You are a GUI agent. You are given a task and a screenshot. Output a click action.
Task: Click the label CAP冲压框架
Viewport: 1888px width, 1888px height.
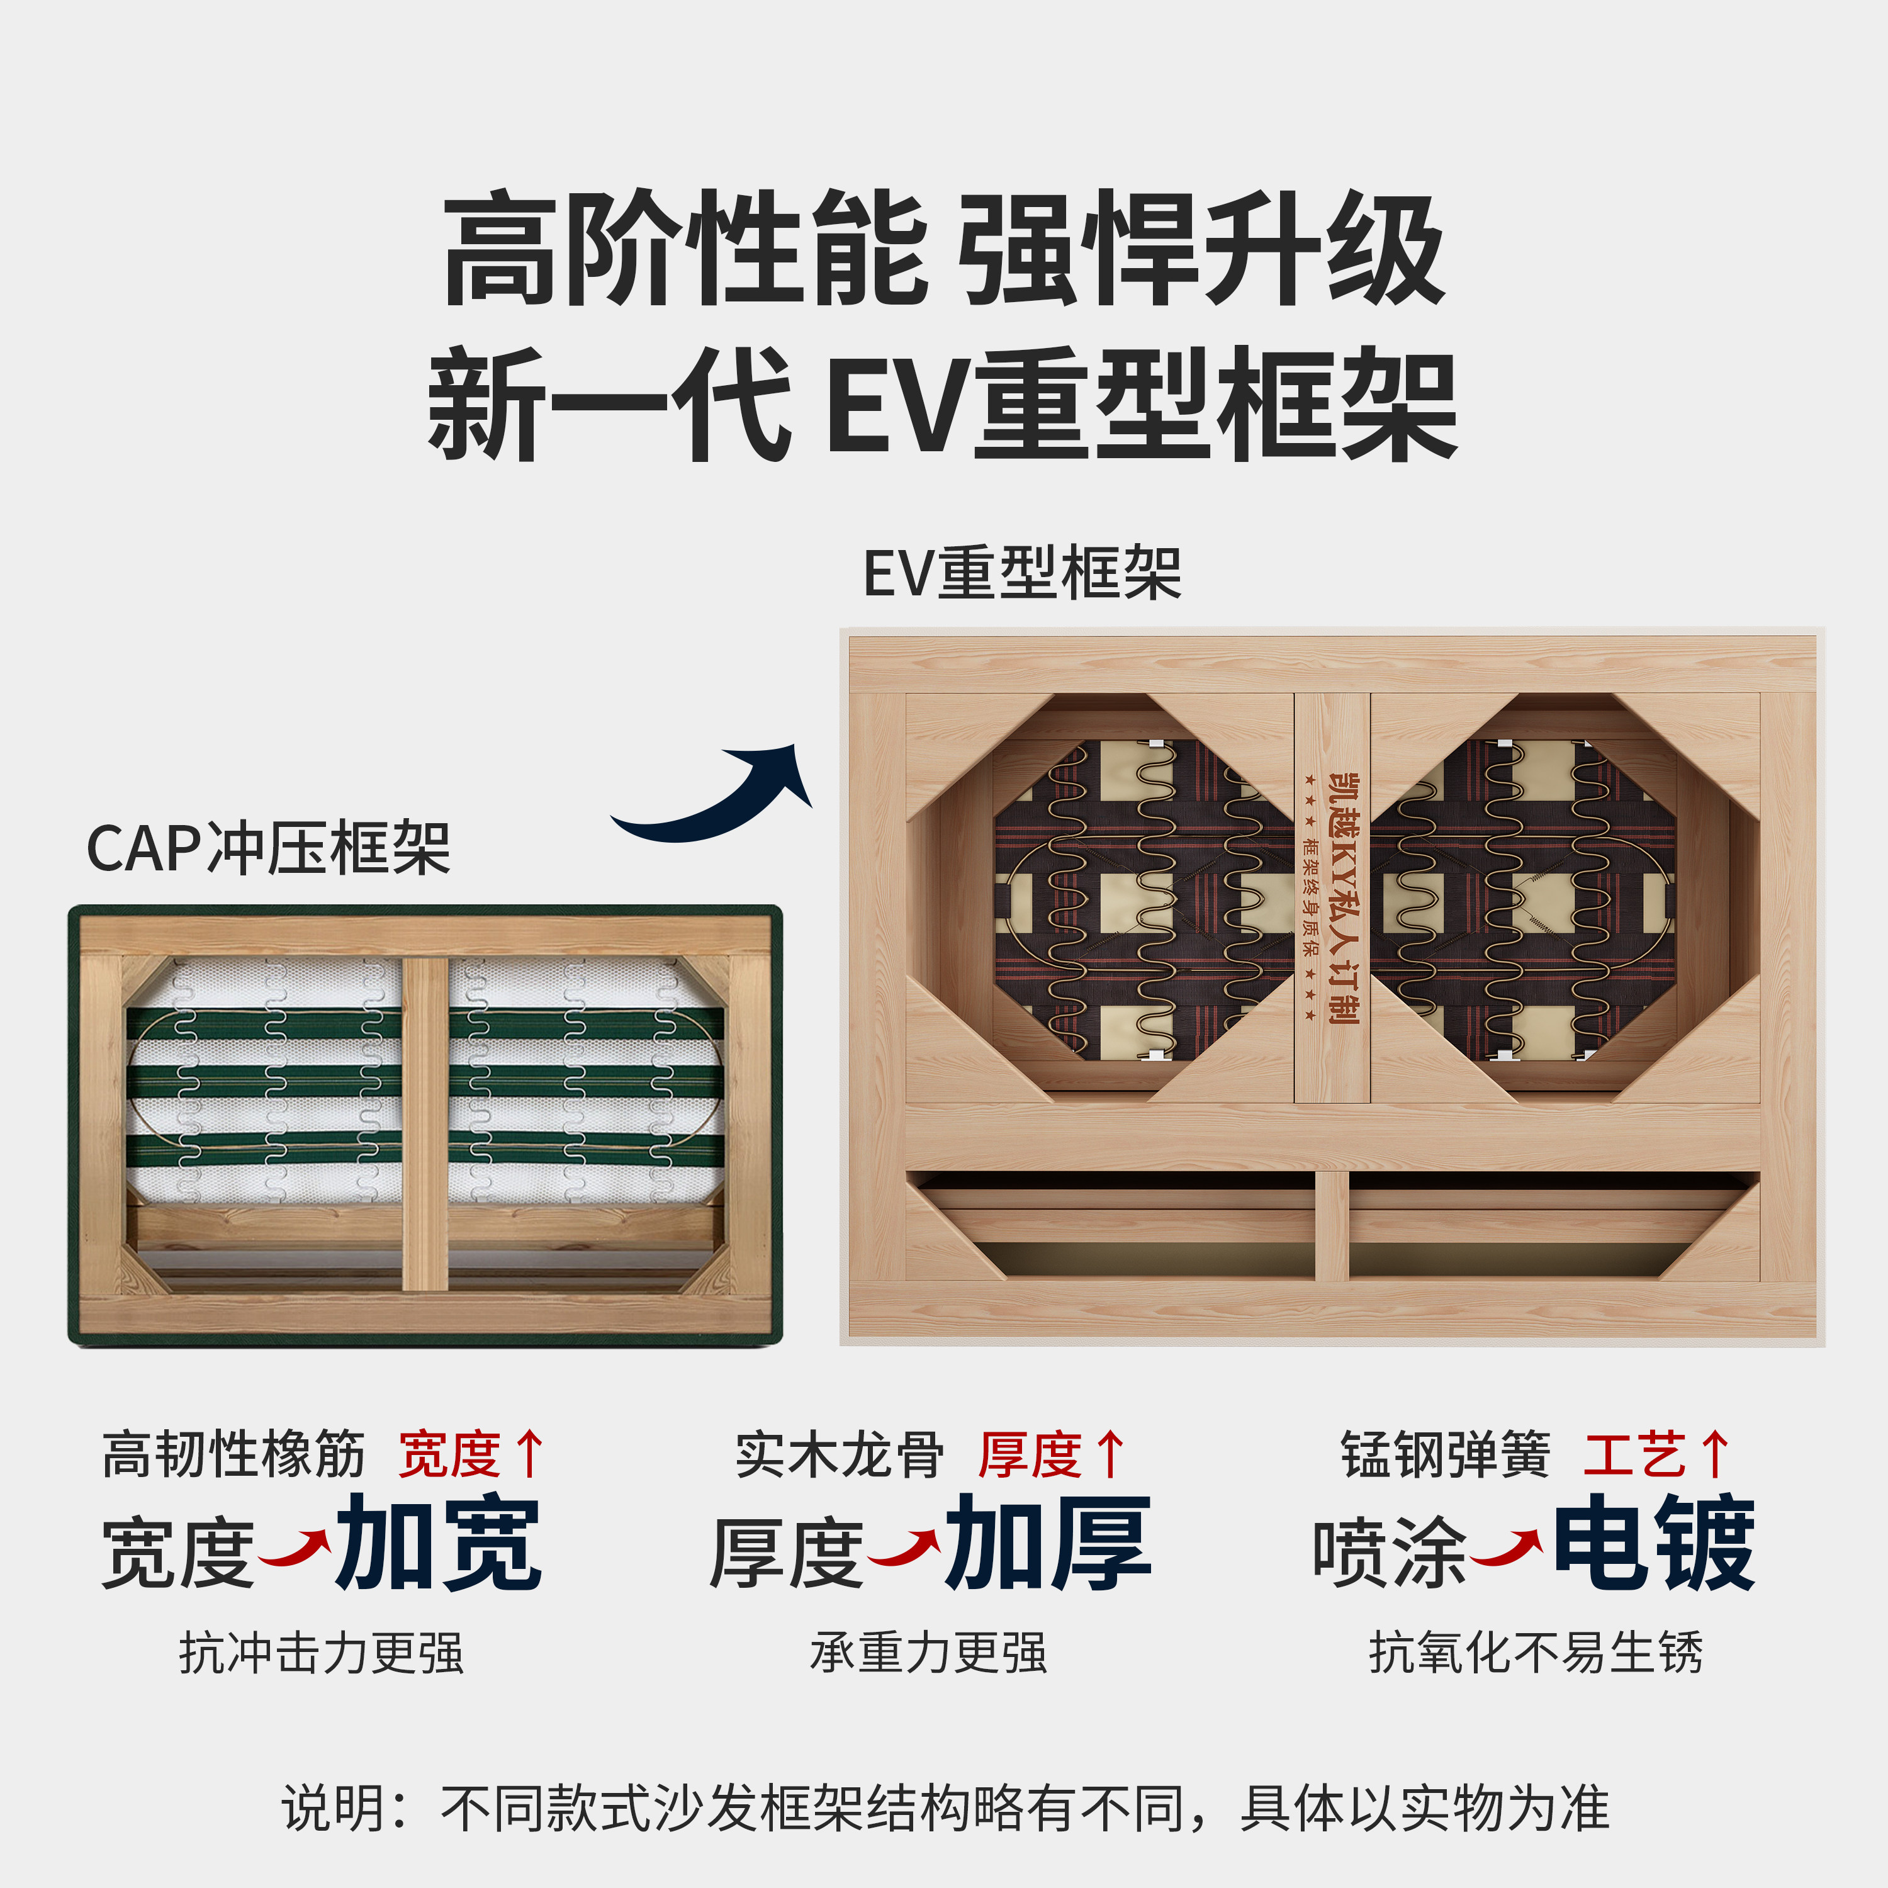pyautogui.click(x=269, y=848)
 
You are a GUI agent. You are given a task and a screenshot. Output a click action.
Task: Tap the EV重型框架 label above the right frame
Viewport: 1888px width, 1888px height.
pyautogui.click(x=1022, y=573)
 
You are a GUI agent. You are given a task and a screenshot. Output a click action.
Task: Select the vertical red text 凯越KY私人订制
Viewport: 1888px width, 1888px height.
pyautogui.click(x=1344, y=897)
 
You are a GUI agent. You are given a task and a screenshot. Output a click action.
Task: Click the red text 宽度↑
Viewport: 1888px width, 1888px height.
pyautogui.click(x=471, y=1454)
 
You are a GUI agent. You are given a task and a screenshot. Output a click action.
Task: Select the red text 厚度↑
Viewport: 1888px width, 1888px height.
pyautogui.click(x=1052, y=1454)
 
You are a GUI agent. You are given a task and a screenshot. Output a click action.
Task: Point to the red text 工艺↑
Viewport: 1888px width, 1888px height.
pyautogui.click(x=1656, y=1454)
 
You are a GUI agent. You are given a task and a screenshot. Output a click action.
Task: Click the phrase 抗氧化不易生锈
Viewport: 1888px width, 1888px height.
pyautogui.click(x=1535, y=1653)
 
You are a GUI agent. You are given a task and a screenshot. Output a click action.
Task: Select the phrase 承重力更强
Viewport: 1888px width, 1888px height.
pyautogui.click(x=928, y=1653)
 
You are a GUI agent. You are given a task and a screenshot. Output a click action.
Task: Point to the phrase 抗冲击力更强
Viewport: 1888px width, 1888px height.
pyautogui.click(x=320, y=1653)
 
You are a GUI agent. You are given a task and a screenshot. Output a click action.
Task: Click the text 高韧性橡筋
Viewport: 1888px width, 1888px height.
pyautogui.click(x=233, y=1454)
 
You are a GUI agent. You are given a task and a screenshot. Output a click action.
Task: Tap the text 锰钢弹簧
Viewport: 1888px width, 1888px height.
pyautogui.click(x=1446, y=1454)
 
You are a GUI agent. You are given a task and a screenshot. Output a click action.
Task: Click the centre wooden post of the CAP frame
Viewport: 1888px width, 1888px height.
pyautogui.click(x=425, y=1124)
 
